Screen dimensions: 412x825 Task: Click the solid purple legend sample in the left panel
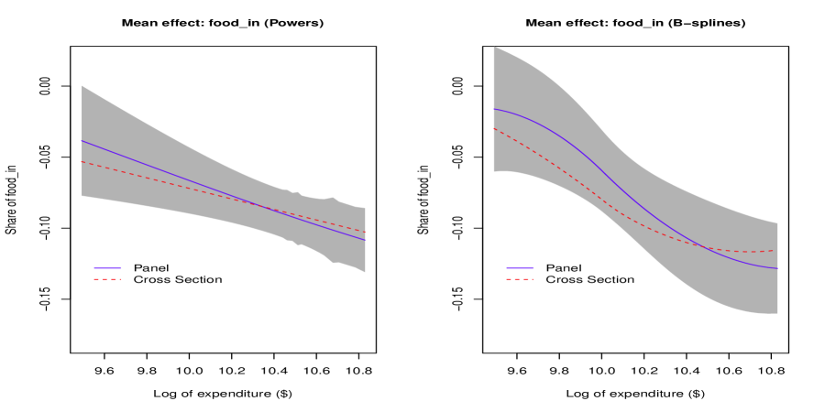tap(107, 268)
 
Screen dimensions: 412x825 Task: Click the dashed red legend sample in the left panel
tap(107, 279)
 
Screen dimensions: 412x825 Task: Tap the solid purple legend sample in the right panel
tap(520, 268)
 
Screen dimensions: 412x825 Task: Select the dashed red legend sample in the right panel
tap(520, 279)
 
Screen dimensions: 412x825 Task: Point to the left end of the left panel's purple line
tap(82, 141)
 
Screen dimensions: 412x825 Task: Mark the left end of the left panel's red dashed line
tap(82, 162)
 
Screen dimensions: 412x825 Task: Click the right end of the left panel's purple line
tap(366, 241)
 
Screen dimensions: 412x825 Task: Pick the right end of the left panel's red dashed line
tap(366, 233)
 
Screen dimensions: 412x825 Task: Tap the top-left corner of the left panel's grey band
tap(82, 85)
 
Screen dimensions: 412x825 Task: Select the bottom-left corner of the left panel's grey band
tap(82, 197)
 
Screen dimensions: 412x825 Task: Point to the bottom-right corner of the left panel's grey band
tap(366, 273)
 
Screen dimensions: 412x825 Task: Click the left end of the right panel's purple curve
tap(493, 109)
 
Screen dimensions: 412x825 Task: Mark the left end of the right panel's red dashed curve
tap(493, 128)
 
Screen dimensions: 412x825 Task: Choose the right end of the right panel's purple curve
tap(778, 268)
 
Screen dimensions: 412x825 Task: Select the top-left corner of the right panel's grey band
tap(493, 47)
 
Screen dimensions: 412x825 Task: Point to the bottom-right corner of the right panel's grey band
tap(778, 314)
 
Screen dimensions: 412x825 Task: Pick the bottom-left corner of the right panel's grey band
tap(493, 172)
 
